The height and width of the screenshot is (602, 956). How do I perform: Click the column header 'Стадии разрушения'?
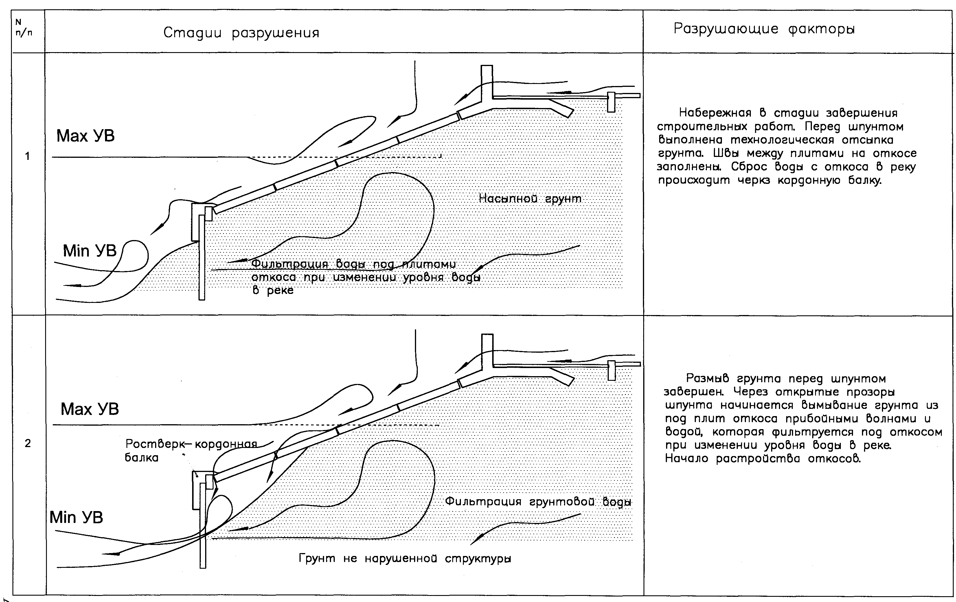click(x=241, y=33)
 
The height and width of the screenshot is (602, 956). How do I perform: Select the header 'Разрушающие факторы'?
click(x=764, y=29)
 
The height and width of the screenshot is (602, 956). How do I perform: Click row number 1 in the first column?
click(x=27, y=156)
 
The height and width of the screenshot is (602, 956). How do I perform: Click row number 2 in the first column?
click(x=27, y=443)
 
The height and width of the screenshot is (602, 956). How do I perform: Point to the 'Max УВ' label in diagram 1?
click(x=85, y=136)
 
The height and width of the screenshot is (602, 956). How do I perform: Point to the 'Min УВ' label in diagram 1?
click(x=89, y=251)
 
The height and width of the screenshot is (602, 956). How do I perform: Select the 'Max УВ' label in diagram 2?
click(x=89, y=409)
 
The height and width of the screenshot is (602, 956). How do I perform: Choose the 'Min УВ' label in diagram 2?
click(x=76, y=517)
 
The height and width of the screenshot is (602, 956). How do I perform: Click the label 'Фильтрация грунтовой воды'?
click(x=538, y=502)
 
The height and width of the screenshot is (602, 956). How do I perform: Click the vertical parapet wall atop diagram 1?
click(x=486, y=81)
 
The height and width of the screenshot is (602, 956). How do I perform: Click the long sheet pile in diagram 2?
click(x=203, y=524)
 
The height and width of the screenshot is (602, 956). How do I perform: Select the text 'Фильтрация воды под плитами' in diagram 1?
click(x=353, y=264)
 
